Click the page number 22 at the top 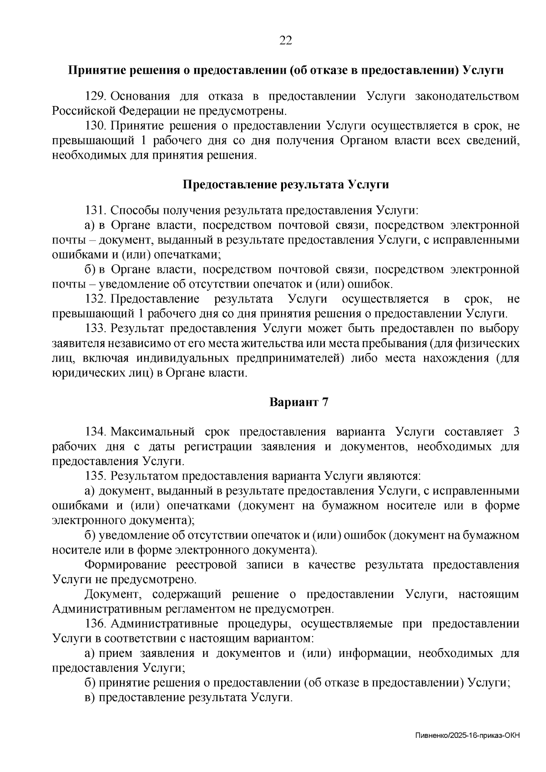click(285, 41)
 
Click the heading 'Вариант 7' click(298, 403)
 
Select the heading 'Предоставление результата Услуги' click(286, 185)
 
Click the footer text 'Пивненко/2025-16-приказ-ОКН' click(467, 735)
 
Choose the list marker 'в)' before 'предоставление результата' click(90, 698)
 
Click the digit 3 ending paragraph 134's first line click(516, 432)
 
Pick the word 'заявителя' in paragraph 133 click(76, 343)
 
